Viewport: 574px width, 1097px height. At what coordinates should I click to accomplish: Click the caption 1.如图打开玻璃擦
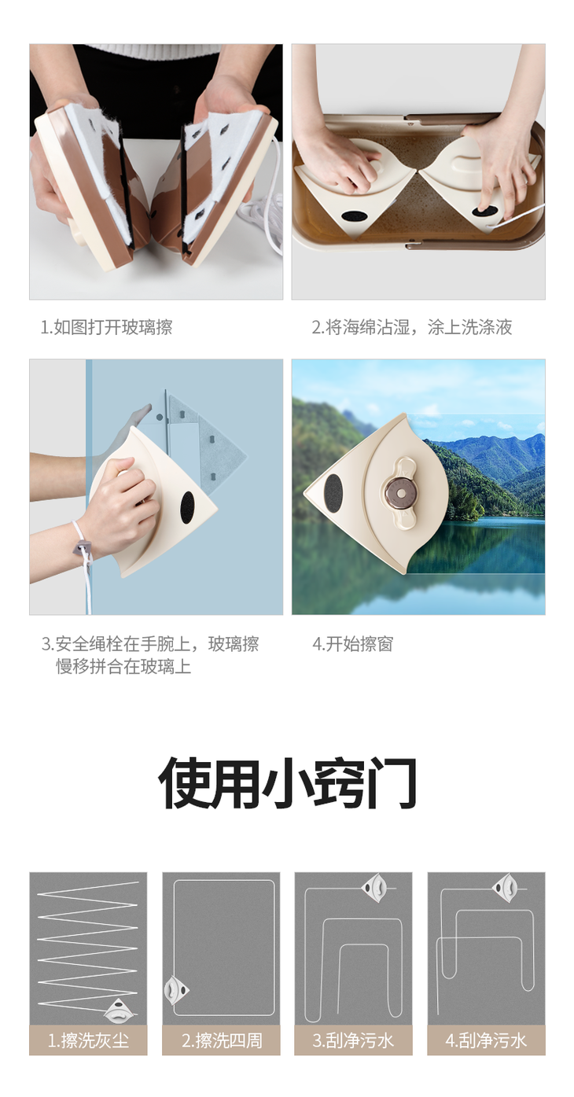106,327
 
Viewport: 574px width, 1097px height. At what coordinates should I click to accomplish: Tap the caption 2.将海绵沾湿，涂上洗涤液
412,327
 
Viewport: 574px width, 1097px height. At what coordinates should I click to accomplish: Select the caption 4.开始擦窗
352,644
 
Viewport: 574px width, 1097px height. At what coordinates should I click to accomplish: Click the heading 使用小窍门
288,782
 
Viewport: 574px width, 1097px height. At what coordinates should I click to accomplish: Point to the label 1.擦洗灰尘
88,1040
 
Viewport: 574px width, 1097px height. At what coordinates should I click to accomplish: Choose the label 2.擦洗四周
222,1040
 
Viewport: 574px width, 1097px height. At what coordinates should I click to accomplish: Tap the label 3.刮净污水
353,1040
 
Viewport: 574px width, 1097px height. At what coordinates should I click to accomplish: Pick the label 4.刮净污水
486,1040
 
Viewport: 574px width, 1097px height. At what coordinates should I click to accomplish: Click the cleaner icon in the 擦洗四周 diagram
175,990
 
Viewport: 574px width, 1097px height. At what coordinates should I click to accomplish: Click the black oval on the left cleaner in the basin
352,216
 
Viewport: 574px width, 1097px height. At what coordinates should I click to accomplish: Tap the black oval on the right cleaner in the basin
485,212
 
